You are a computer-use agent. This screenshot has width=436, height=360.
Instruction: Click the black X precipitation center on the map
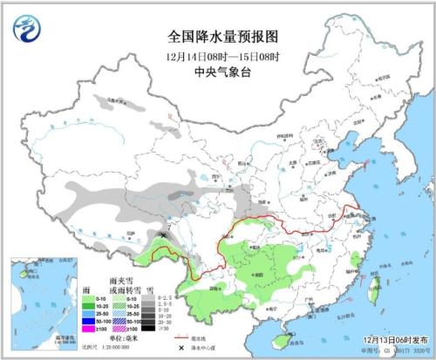pyautogui.click(x=166, y=234)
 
